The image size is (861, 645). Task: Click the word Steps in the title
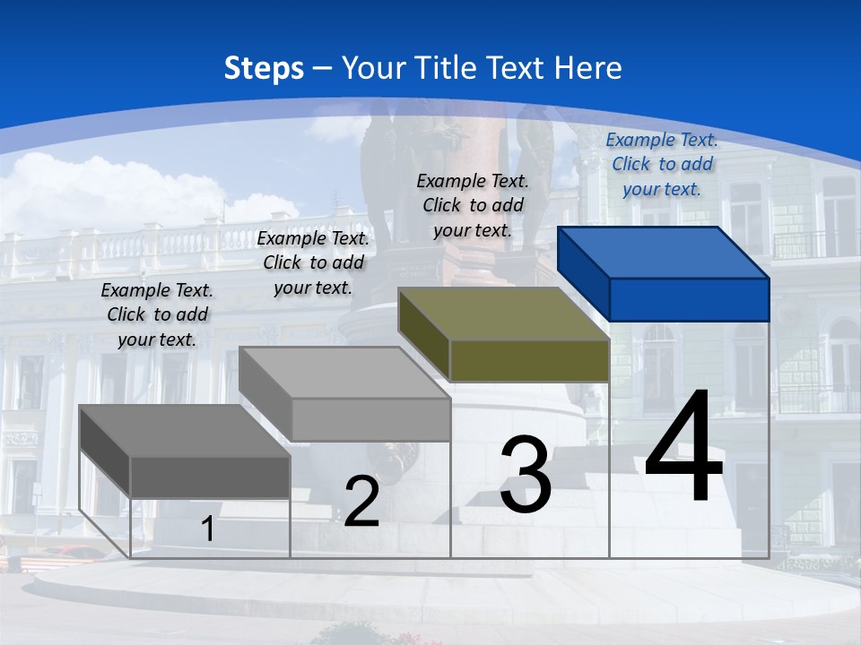pyautogui.click(x=264, y=68)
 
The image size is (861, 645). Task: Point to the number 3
pyautogui.click(x=526, y=475)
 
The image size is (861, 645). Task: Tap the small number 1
pyautogui.click(x=207, y=529)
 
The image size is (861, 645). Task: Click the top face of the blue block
pyautogui.click(x=664, y=253)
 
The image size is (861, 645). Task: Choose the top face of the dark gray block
pyautogui.click(x=185, y=431)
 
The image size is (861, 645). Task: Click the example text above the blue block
pyautogui.click(x=662, y=164)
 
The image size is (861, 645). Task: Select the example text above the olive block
pyautogui.click(x=473, y=205)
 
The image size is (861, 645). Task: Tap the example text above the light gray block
pyautogui.click(x=313, y=262)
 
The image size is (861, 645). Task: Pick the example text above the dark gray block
pyautogui.click(x=157, y=314)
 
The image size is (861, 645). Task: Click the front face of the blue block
pyautogui.click(x=689, y=299)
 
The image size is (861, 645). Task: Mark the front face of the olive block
pyautogui.click(x=529, y=360)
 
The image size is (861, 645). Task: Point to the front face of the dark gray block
pyautogui.click(x=210, y=477)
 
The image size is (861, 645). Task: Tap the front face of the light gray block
pyautogui.click(x=370, y=419)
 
